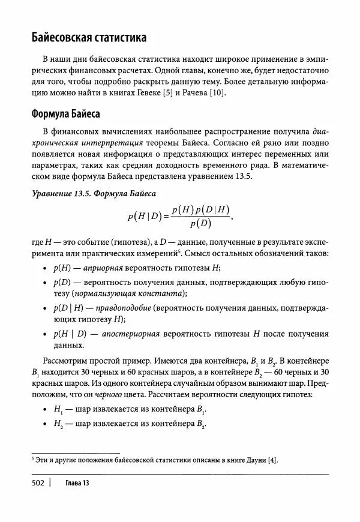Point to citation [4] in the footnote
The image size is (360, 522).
273,460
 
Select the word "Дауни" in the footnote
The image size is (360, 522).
255,460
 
